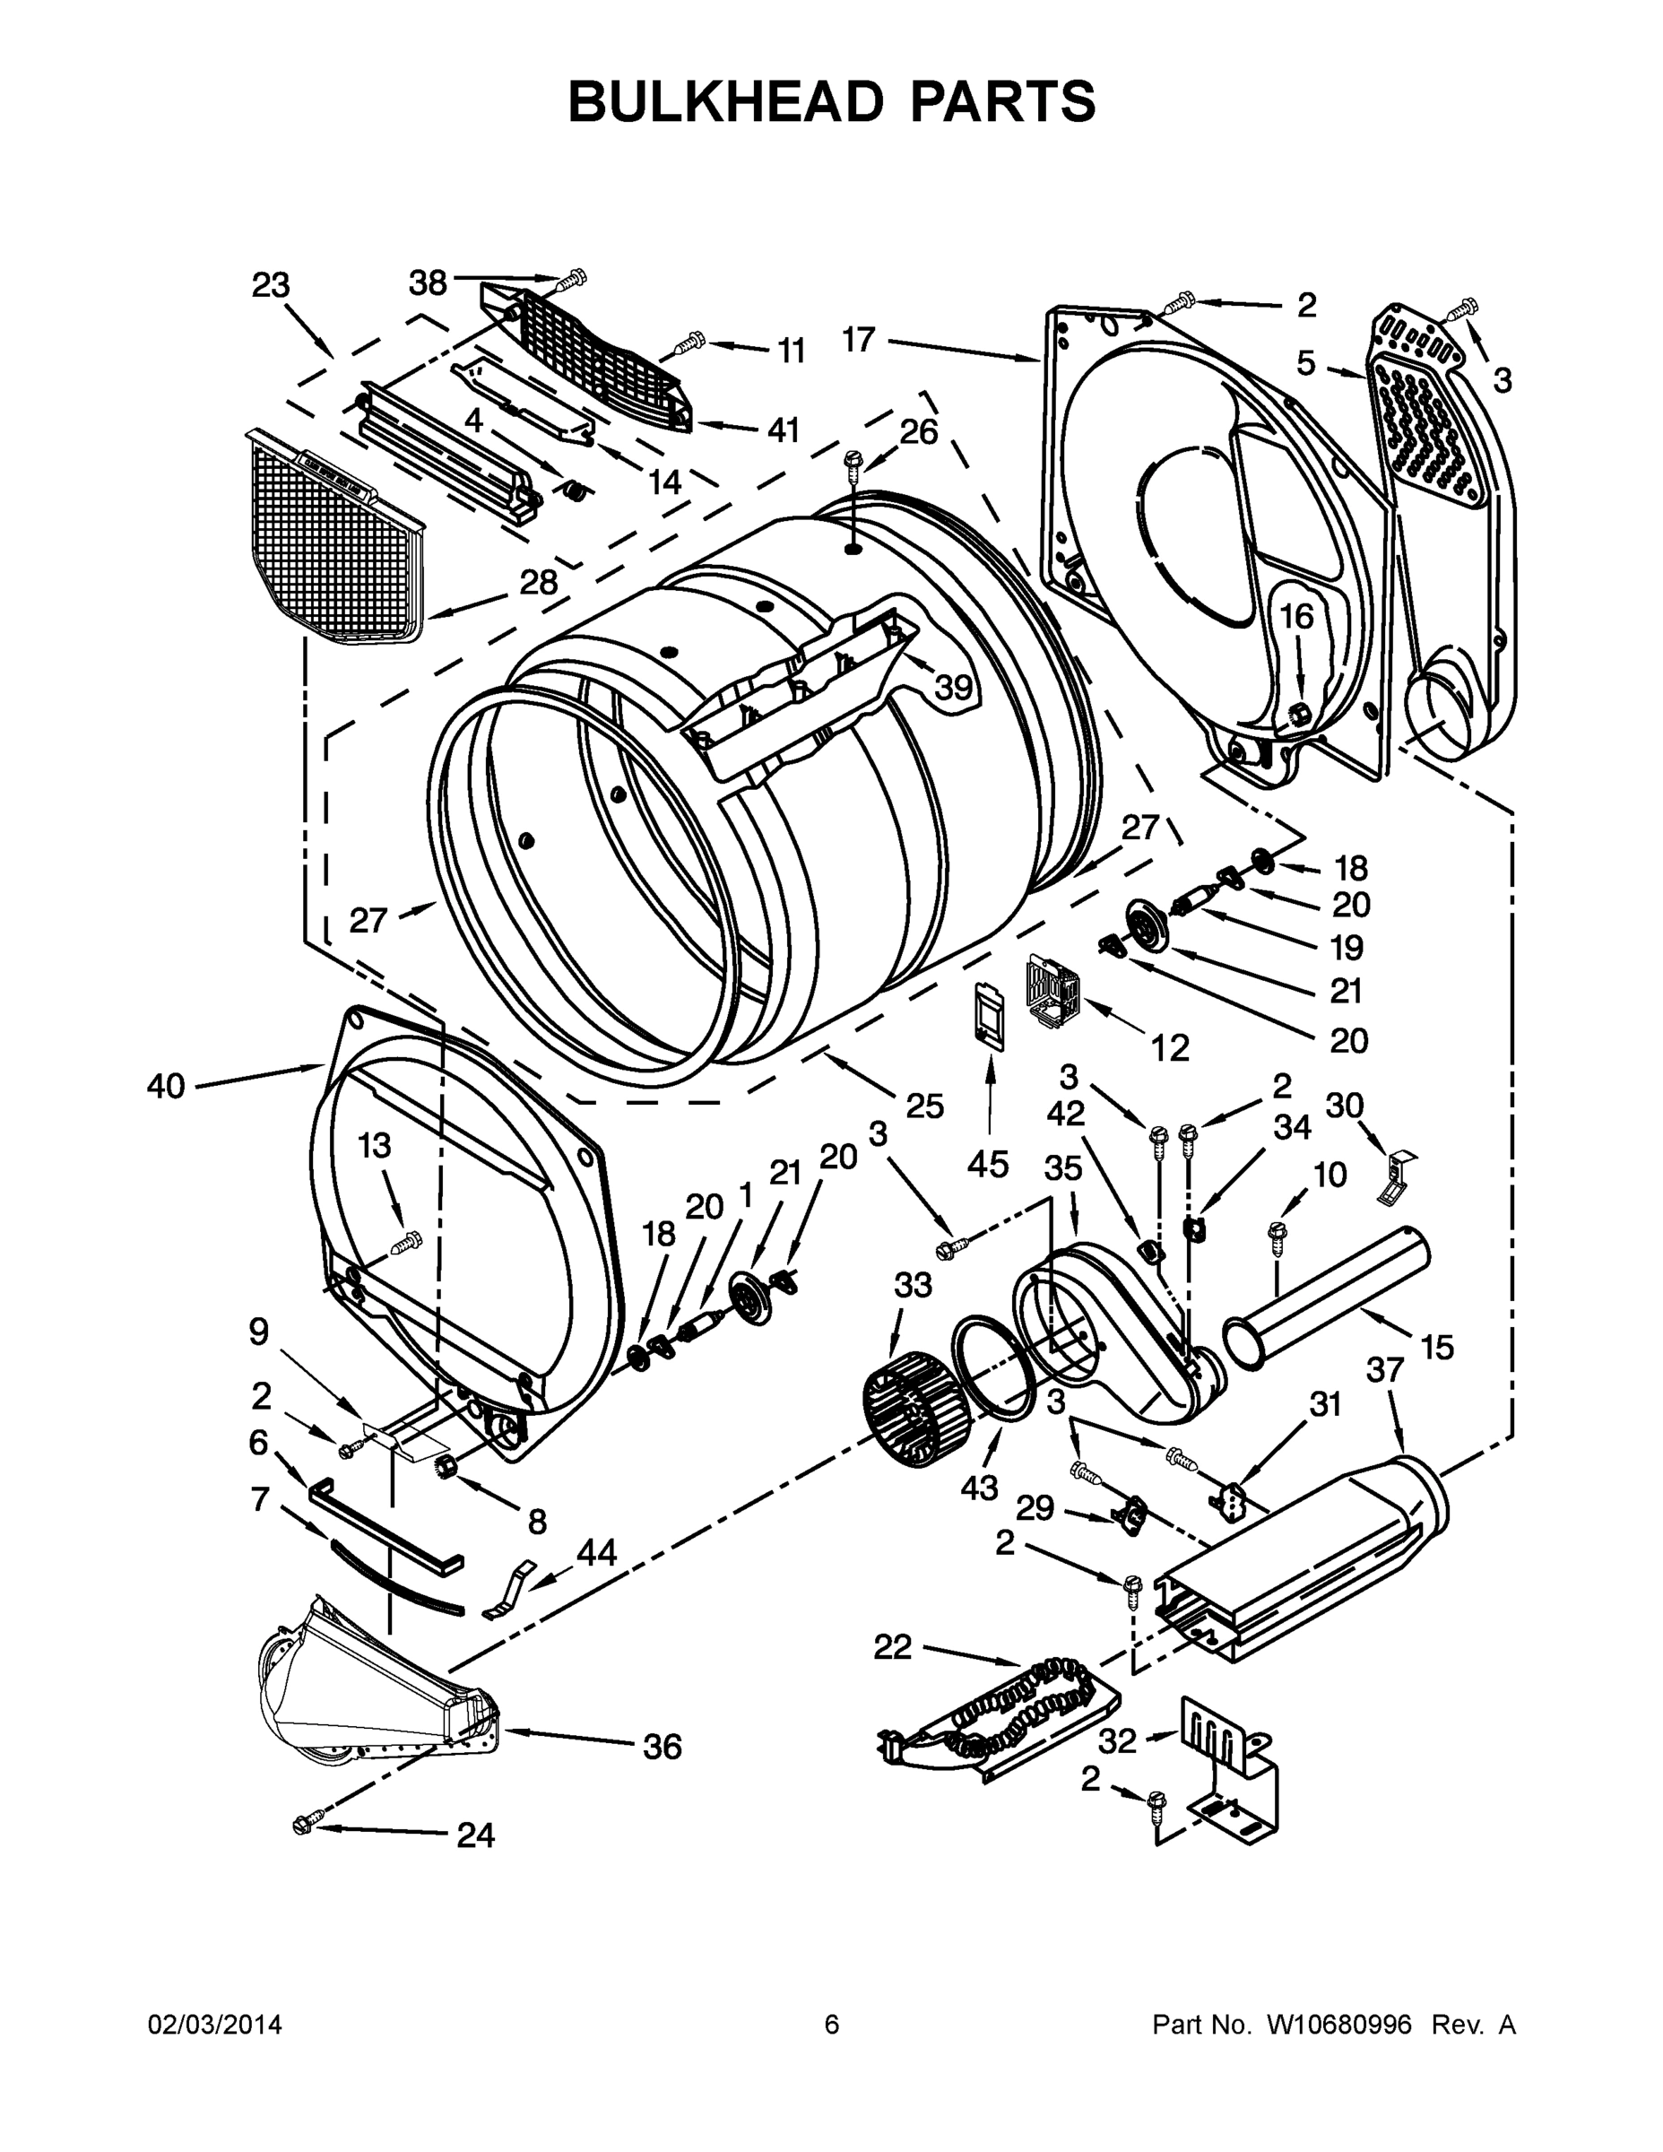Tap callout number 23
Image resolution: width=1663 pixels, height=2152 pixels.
[x=271, y=286]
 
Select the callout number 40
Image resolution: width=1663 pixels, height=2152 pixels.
[x=166, y=1087]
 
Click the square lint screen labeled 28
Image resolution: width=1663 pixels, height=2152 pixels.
[x=335, y=532]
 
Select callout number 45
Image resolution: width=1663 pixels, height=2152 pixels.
[x=987, y=1164]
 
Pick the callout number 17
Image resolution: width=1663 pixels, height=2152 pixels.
[x=858, y=340]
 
